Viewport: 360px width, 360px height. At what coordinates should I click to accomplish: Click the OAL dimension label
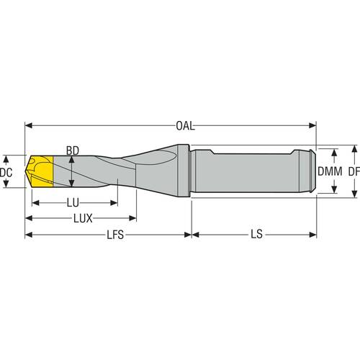point(185,126)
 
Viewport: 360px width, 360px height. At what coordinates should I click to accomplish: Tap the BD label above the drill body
point(73,151)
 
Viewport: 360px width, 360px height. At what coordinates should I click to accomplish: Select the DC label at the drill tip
point(6,172)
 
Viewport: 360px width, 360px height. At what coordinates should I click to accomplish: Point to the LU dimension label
point(73,203)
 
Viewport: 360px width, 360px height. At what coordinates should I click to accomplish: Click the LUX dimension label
point(83,218)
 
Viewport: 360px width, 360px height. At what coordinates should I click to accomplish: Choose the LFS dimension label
point(115,235)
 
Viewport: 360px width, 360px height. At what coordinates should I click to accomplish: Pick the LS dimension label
point(256,234)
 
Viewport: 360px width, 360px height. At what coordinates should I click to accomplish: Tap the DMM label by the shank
point(330,171)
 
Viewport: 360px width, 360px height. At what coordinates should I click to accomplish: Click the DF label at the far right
point(354,171)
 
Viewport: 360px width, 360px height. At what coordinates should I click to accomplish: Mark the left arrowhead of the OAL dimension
point(29,125)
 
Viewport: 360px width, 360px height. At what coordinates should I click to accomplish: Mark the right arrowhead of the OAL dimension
point(312,125)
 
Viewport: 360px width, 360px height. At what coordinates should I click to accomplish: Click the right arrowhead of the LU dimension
point(114,203)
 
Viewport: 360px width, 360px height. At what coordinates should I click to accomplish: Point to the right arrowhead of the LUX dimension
point(132,218)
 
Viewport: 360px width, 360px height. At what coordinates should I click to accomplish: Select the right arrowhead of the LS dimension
point(312,235)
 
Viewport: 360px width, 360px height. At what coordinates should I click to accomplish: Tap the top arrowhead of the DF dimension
point(354,149)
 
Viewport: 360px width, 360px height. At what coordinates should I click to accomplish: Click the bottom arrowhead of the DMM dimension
point(334,189)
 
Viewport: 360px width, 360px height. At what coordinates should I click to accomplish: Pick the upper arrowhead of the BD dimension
point(72,160)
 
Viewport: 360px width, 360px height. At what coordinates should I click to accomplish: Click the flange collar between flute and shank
point(183,171)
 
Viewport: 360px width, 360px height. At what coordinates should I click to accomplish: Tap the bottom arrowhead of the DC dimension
point(6,184)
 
